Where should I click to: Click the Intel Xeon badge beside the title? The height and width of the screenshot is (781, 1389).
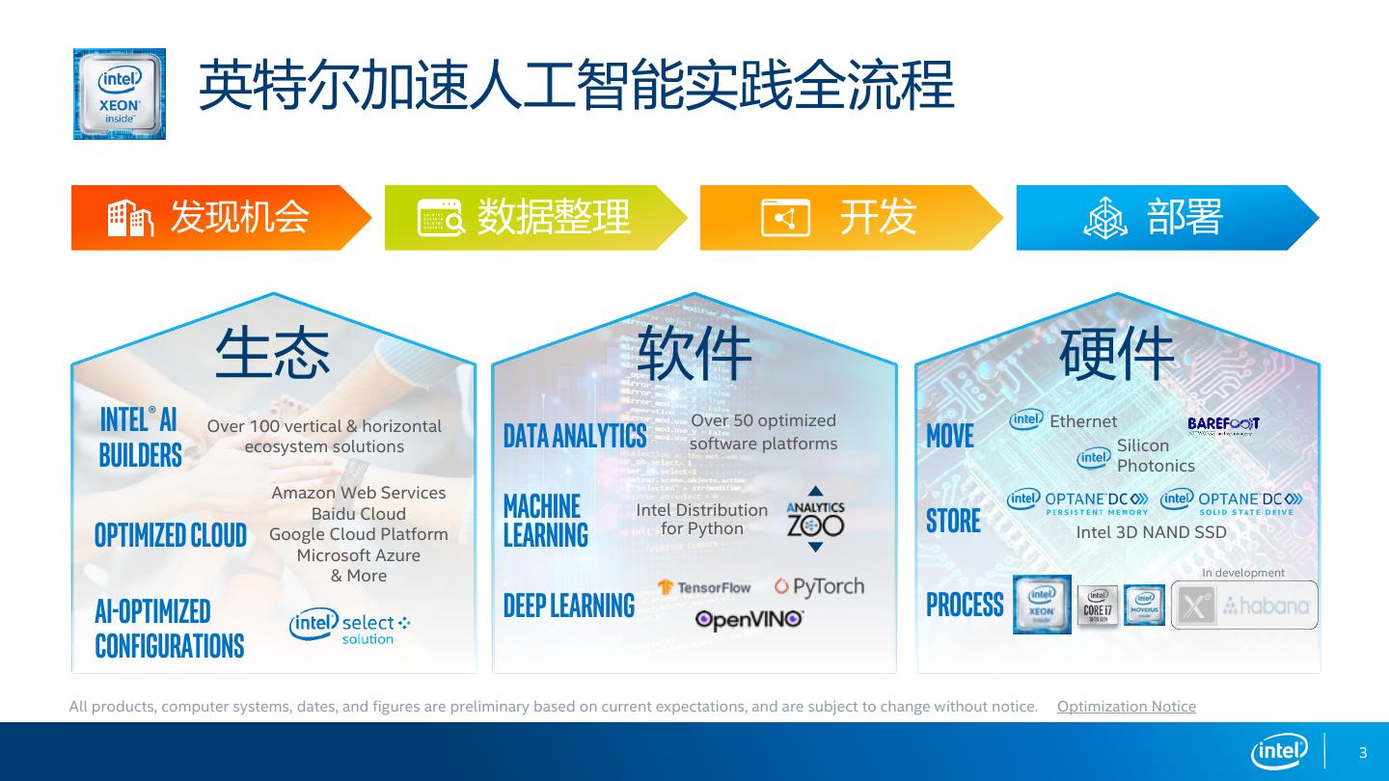click(120, 94)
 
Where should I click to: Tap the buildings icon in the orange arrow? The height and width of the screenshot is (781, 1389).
click(130, 218)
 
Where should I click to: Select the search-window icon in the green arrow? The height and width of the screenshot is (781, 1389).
click(441, 218)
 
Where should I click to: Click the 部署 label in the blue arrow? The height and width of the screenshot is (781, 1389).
click(1185, 218)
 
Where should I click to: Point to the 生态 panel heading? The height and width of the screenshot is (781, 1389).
click(272, 353)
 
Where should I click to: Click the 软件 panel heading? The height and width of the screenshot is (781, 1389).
click(694, 353)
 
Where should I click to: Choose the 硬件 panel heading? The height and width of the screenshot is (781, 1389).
click(1116, 353)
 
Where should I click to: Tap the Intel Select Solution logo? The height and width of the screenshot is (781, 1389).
click(349, 627)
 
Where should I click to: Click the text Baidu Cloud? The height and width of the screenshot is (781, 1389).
click(358, 514)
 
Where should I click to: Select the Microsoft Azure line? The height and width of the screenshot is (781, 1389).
click(358, 555)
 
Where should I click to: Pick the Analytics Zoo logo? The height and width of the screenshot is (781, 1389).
click(815, 520)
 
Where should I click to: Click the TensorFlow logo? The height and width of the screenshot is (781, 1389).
click(704, 587)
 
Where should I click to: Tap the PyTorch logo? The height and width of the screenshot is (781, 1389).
click(819, 586)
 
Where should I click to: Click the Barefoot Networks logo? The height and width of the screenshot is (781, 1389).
click(1223, 425)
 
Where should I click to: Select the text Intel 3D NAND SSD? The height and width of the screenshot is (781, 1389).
click(1151, 532)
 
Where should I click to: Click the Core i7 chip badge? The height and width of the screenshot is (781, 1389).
click(1098, 606)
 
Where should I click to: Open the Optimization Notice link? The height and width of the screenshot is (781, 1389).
click(1126, 707)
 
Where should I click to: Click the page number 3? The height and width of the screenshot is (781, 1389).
click(1363, 753)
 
